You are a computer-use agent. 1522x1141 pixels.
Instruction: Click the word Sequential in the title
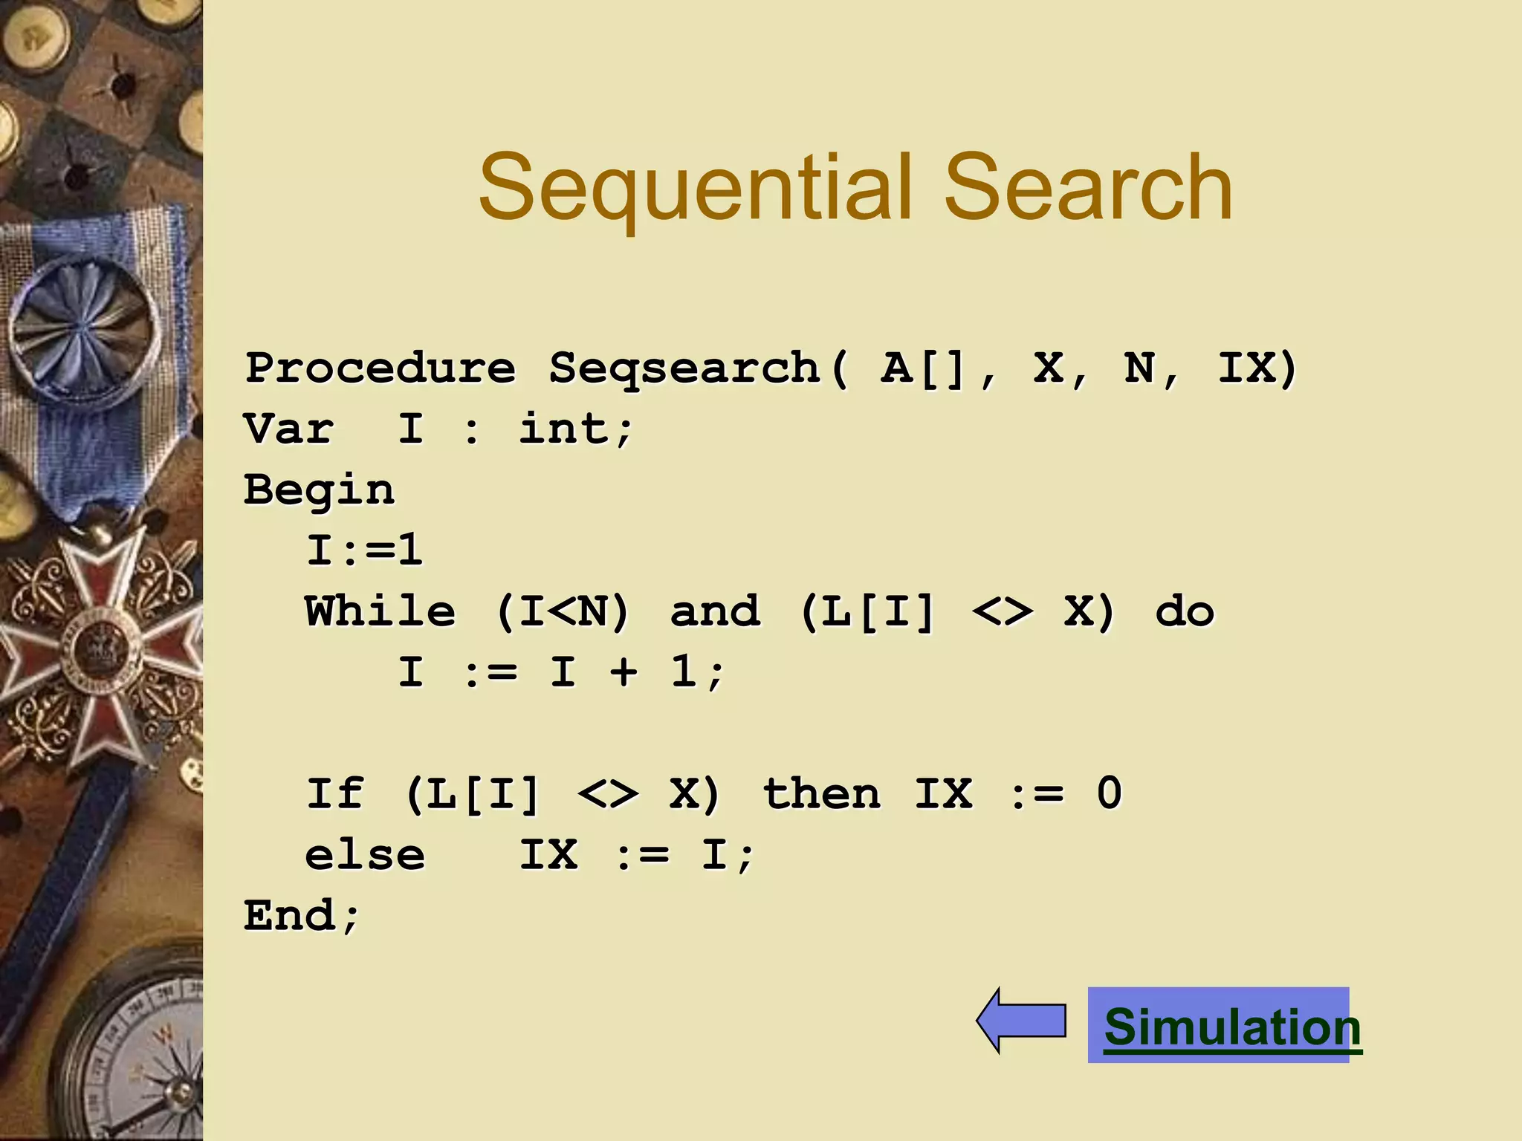[694, 187]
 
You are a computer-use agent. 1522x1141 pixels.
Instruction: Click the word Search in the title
[1088, 187]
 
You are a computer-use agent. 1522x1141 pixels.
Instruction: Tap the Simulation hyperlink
[1231, 1027]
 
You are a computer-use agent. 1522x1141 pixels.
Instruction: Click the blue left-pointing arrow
[1021, 1021]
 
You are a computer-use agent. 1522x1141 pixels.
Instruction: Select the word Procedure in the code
[380, 368]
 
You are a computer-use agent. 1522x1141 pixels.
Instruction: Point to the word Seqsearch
[684, 368]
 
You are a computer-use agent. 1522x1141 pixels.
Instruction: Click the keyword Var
[288, 429]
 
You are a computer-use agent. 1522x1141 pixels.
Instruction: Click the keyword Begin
[320, 490]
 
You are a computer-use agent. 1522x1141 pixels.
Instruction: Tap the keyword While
[380, 612]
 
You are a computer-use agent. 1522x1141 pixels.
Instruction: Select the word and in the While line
[715, 612]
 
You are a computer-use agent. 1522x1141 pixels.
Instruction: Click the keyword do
[1185, 612]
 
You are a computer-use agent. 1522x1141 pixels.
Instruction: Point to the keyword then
[822, 794]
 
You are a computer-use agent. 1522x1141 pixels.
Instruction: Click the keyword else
[365, 855]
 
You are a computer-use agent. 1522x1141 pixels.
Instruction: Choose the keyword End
[290, 915]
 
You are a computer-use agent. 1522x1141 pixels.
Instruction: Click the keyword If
[335, 794]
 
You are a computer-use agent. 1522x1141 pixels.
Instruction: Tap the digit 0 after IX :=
[1109, 794]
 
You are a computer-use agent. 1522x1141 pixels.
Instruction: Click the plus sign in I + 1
[624, 673]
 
